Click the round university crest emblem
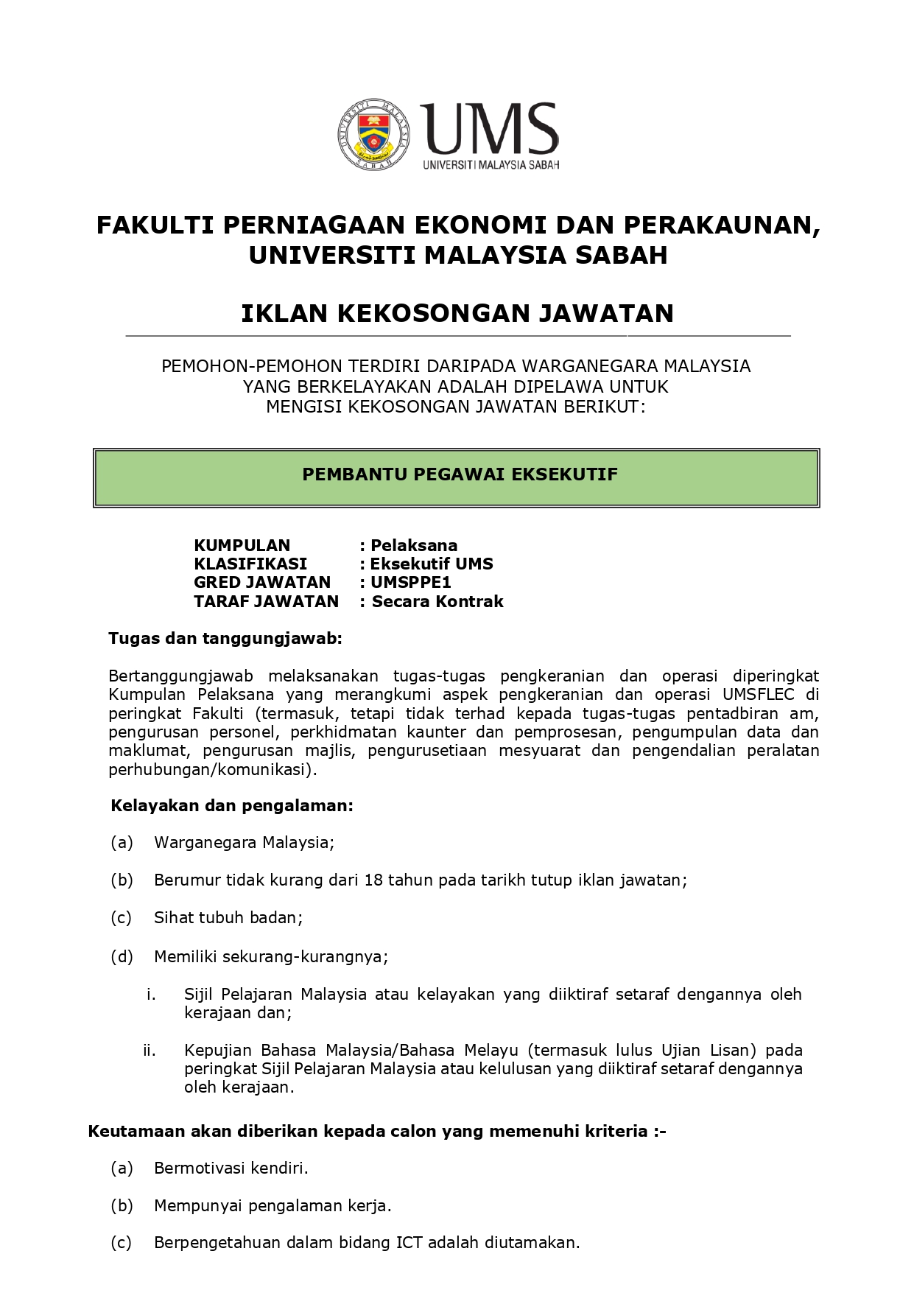(373, 134)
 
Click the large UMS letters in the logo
(490, 129)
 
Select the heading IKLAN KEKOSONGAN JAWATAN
(457, 313)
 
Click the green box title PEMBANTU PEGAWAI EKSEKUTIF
(460, 474)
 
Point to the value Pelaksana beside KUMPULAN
(414, 545)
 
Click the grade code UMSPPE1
(410, 582)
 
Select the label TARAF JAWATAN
(266, 601)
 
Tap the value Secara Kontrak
(437, 601)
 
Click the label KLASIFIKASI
(250, 564)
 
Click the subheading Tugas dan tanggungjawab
(225, 638)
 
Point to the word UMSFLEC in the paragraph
(758, 694)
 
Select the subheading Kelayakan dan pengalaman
(232, 805)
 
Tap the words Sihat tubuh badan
(228, 917)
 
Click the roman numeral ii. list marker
(150, 1050)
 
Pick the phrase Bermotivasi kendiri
(231, 1168)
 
